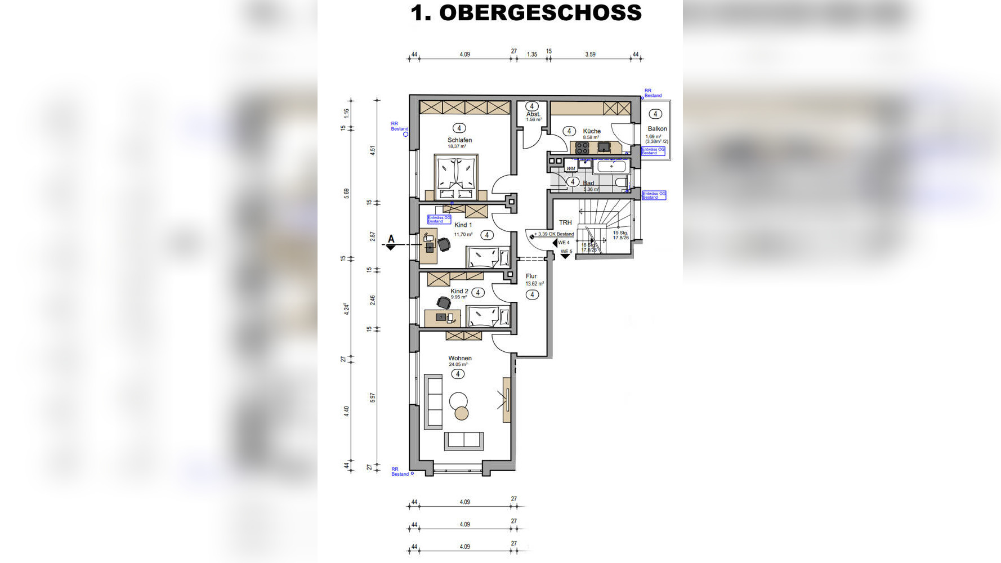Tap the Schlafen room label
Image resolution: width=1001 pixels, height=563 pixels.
coord(459,140)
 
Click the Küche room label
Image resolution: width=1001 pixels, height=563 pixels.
coord(592,131)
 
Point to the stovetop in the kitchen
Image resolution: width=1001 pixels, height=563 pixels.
coord(582,148)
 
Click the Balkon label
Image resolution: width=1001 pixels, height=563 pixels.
coord(657,129)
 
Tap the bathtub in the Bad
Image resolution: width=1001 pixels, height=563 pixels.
coord(611,167)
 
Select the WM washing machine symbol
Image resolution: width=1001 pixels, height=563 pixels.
coord(571,168)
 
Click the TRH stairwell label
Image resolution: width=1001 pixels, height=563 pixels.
coord(565,223)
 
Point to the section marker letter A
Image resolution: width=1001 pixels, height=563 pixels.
coord(391,239)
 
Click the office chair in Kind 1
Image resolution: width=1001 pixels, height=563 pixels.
coord(444,244)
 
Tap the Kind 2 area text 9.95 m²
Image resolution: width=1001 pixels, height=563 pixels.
coord(459,297)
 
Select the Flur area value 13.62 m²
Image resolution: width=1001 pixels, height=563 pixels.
coord(534,284)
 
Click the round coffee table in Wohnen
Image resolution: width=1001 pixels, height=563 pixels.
coord(459,401)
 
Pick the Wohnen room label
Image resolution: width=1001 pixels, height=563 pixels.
coord(460,358)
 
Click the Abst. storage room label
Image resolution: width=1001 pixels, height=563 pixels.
coord(533,114)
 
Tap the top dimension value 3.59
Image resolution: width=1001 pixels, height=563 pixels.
coord(590,55)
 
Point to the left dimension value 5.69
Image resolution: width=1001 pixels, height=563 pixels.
coord(347,193)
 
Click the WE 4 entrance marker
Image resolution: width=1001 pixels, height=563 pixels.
coord(564,243)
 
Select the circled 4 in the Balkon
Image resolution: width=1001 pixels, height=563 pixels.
coord(655,114)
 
